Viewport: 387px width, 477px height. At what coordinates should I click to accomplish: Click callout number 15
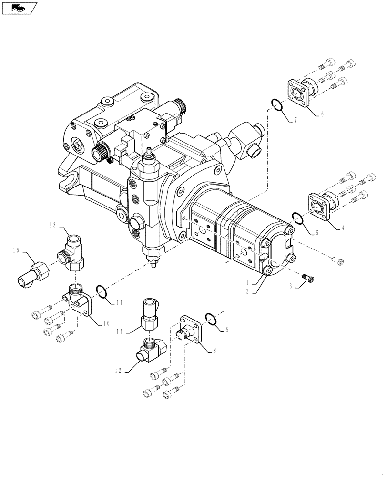click(16, 250)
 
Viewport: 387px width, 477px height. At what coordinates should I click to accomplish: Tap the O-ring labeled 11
click(101, 290)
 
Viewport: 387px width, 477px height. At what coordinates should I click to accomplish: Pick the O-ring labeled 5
click(297, 218)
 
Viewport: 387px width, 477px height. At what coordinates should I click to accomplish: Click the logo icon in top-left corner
click(19, 8)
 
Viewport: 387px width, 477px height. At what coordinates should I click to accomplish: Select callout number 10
click(106, 323)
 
